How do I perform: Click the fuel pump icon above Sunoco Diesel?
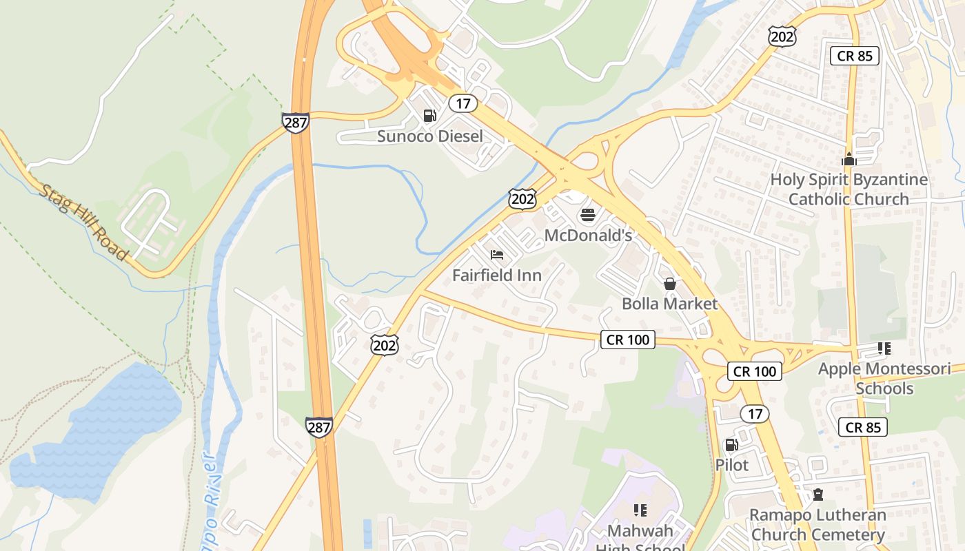pyautogui.click(x=429, y=116)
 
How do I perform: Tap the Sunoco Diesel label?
pyautogui.click(x=429, y=136)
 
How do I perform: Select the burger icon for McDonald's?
pyautogui.click(x=587, y=216)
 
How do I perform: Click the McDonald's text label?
pyautogui.click(x=588, y=236)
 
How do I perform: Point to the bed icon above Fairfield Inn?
pyautogui.click(x=497, y=255)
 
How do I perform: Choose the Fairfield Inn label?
pyautogui.click(x=497, y=275)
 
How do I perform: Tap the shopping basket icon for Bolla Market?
pyautogui.click(x=669, y=283)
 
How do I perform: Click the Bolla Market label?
pyautogui.click(x=669, y=304)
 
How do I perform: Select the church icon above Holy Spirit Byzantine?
pyautogui.click(x=849, y=159)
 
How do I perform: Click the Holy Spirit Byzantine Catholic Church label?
pyautogui.click(x=849, y=189)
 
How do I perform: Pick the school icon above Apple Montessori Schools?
pyautogui.click(x=884, y=349)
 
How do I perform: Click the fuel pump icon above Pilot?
pyautogui.click(x=731, y=445)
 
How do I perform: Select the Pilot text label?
pyautogui.click(x=731, y=465)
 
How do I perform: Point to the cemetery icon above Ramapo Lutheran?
pyautogui.click(x=817, y=495)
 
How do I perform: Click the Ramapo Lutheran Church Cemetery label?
pyautogui.click(x=817, y=525)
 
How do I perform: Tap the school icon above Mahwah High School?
pyautogui.click(x=640, y=510)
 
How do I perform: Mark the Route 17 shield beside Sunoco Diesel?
pyautogui.click(x=463, y=103)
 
